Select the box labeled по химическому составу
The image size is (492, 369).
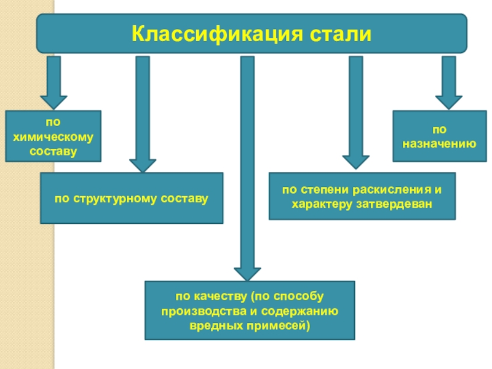(53, 136)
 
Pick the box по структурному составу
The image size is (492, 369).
(132, 198)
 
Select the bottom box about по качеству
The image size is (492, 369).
(250, 311)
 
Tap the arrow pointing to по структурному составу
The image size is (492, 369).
(143, 114)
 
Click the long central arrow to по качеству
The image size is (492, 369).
(247, 166)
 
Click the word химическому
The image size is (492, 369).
(53, 137)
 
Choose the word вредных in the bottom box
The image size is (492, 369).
(215, 324)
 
